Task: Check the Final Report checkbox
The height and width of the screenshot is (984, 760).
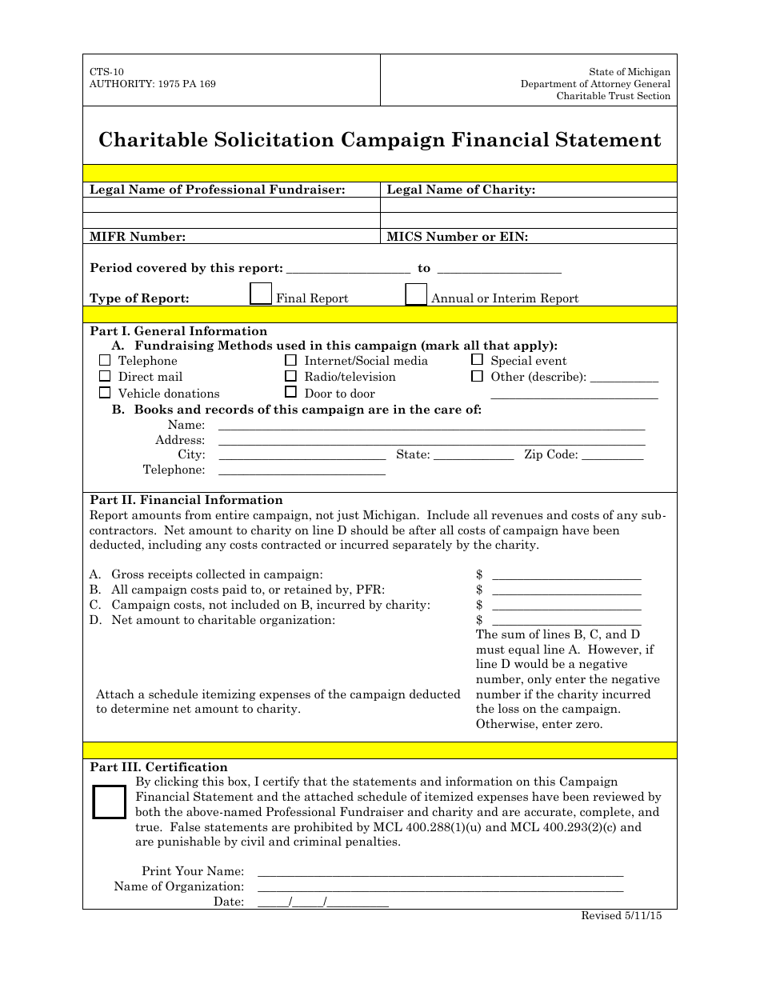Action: [x=261, y=294]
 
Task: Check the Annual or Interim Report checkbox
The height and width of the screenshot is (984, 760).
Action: [x=416, y=294]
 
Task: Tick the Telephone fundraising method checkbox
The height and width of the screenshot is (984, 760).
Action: [x=105, y=360]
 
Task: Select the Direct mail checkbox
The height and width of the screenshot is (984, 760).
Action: [x=105, y=376]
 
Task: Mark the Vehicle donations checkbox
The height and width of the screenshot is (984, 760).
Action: [x=105, y=393]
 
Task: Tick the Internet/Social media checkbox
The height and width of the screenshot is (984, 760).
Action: [x=290, y=360]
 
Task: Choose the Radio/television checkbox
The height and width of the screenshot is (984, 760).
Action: [x=290, y=376]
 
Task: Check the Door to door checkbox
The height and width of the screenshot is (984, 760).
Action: [x=290, y=393]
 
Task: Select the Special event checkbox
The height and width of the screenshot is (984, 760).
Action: [x=477, y=360]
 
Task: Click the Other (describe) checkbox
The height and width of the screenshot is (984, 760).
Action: [x=477, y=376]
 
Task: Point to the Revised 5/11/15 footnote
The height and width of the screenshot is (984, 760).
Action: [x=621, y=917]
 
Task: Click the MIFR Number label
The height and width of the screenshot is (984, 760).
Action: [x=138, y=236]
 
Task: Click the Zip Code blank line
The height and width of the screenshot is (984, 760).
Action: [x=612, y=458]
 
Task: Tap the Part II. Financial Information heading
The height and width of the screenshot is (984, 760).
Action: [x=186, y=500]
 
